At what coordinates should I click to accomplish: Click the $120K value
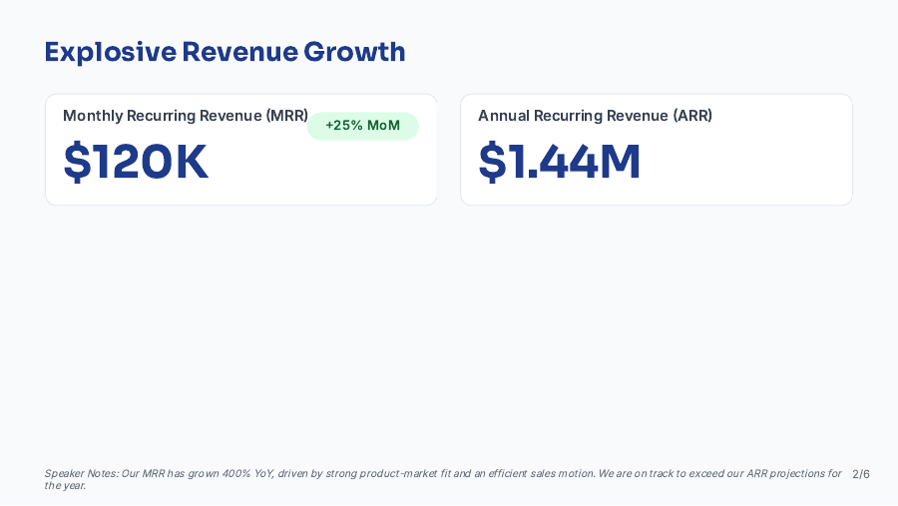pos(136,163)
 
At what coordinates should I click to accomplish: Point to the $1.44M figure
pos(560,163)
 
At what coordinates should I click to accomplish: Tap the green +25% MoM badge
pos(362,126)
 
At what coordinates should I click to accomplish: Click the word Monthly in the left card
pos(93,116)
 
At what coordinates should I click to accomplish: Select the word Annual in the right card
pos(504,116)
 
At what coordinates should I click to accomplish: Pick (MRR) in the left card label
pos(287,116)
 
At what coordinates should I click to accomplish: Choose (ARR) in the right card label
pos(692,116)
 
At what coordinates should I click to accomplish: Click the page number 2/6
pos(861,474)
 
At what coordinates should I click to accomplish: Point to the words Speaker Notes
pos(80,474)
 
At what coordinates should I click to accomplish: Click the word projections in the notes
pos(803,474)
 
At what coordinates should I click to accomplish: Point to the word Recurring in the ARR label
pos(570,116)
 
